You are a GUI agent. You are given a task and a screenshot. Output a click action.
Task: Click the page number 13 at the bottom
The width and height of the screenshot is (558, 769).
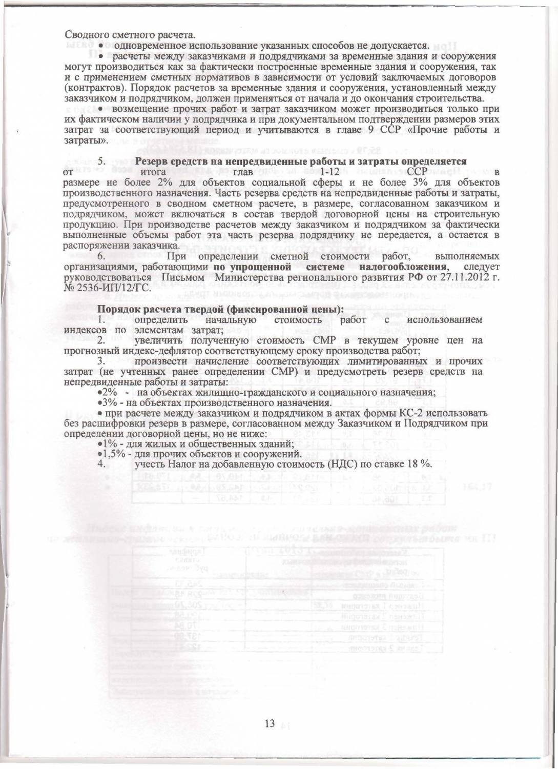point(270,723)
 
